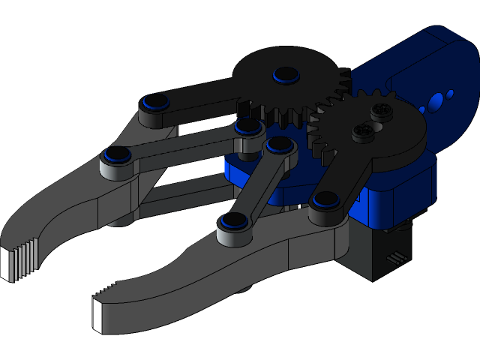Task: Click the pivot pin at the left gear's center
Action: (286, 74)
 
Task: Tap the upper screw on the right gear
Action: (381, 112)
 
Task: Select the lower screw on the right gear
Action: (362, 133)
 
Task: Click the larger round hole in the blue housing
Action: (435, 102)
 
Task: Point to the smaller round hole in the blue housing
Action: (450, 94)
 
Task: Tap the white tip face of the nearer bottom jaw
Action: (97, 314)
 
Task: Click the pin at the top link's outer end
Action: (156, 101)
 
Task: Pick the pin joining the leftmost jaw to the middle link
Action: (116, 154)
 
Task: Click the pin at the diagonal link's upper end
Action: (279, 143)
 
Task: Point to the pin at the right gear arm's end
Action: (324, 199)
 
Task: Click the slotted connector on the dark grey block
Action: (391, 259)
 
